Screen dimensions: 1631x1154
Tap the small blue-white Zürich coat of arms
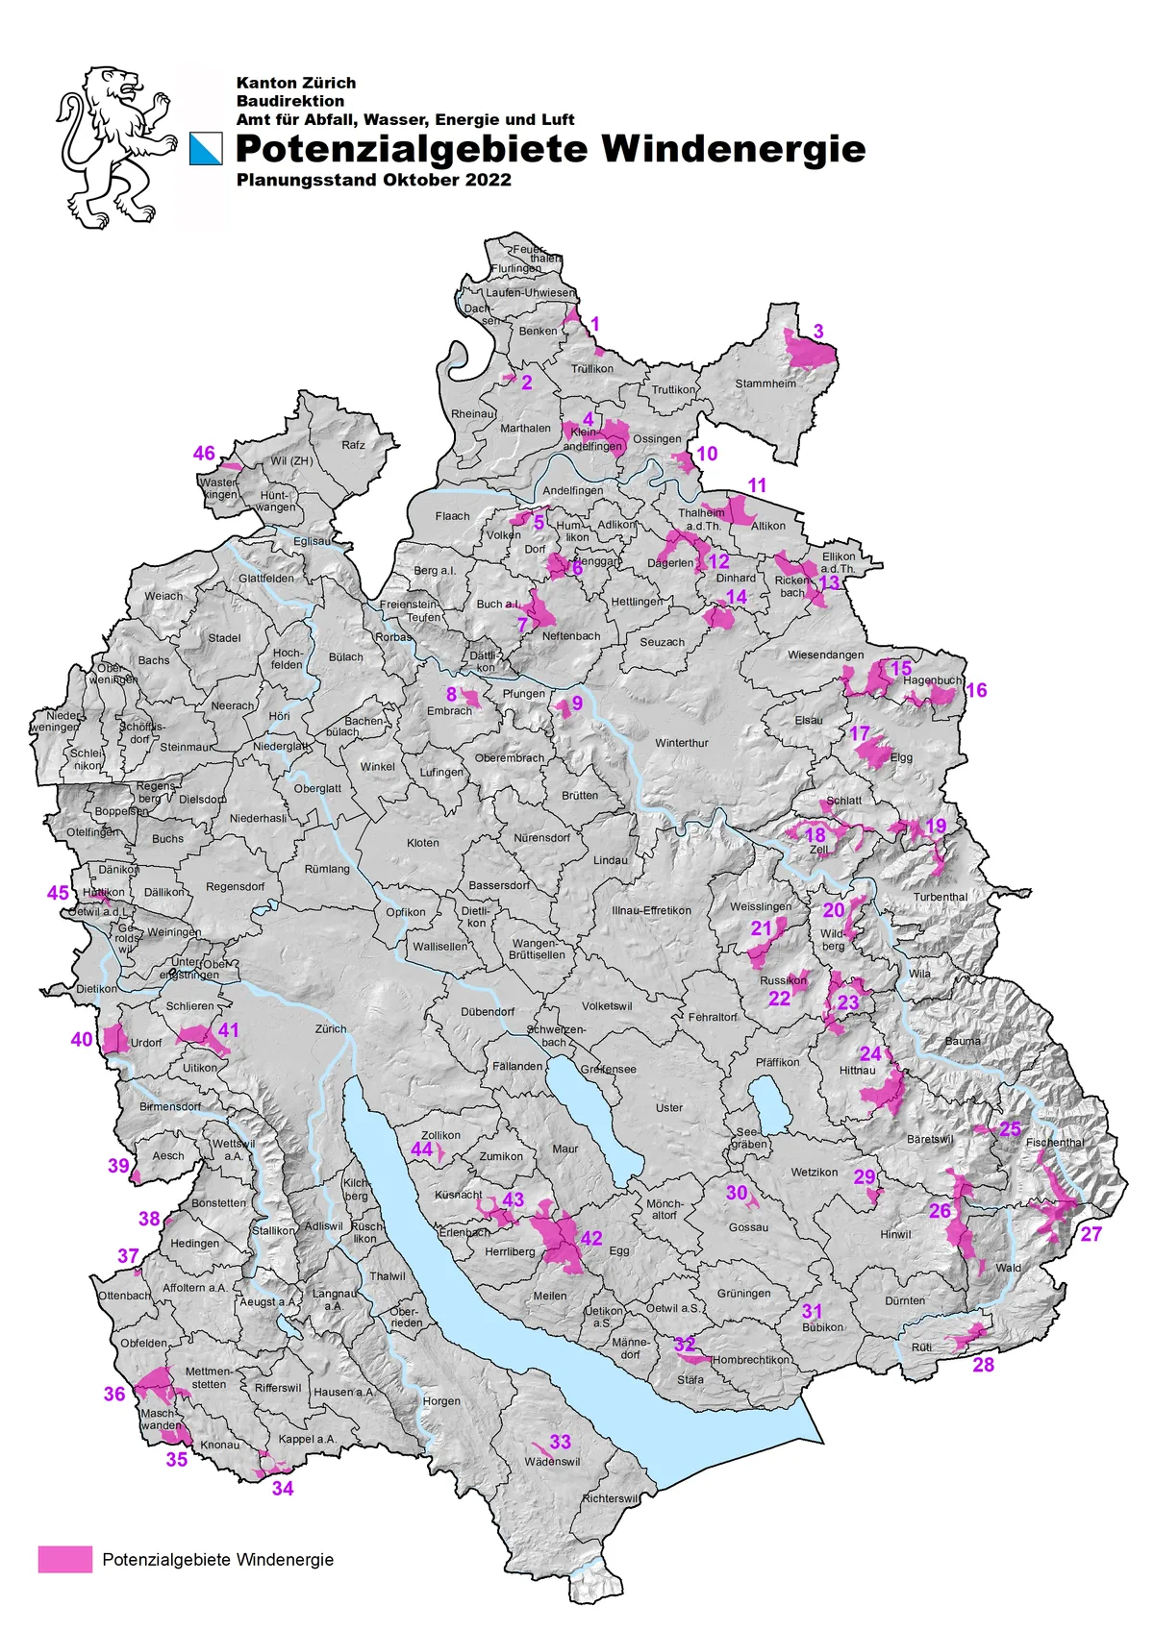(x=206, y=149)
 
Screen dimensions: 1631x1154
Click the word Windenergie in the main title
(x=734, y=149)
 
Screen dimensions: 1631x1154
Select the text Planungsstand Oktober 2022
(x=373, y=180)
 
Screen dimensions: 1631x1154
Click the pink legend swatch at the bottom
(x=65, y=1559)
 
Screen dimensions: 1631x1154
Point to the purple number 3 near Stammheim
(x=818, y=332)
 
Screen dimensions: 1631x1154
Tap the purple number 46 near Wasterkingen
(x=204, y=454)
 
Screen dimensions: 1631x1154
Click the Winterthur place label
(x=682, y=743)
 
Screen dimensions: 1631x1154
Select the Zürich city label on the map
(x=330, y=1028)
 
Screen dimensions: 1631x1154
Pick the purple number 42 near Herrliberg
(x=591, y=1238)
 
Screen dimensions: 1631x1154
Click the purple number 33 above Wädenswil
(x=561, y=1442)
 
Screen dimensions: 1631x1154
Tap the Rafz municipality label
(x=353, y=445)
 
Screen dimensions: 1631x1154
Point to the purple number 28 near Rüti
(x=983, y=1365)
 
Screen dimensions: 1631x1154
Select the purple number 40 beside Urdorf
(x=82, y=1039)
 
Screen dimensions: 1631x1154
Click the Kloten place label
(x=423, y=843)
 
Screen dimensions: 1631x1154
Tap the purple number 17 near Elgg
(x=860, y=734)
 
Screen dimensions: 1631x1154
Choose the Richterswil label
(x=610, y=1498)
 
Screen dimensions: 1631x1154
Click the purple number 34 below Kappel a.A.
(x=283, y=1488)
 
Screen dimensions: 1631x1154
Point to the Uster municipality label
(x=669, y=1107)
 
